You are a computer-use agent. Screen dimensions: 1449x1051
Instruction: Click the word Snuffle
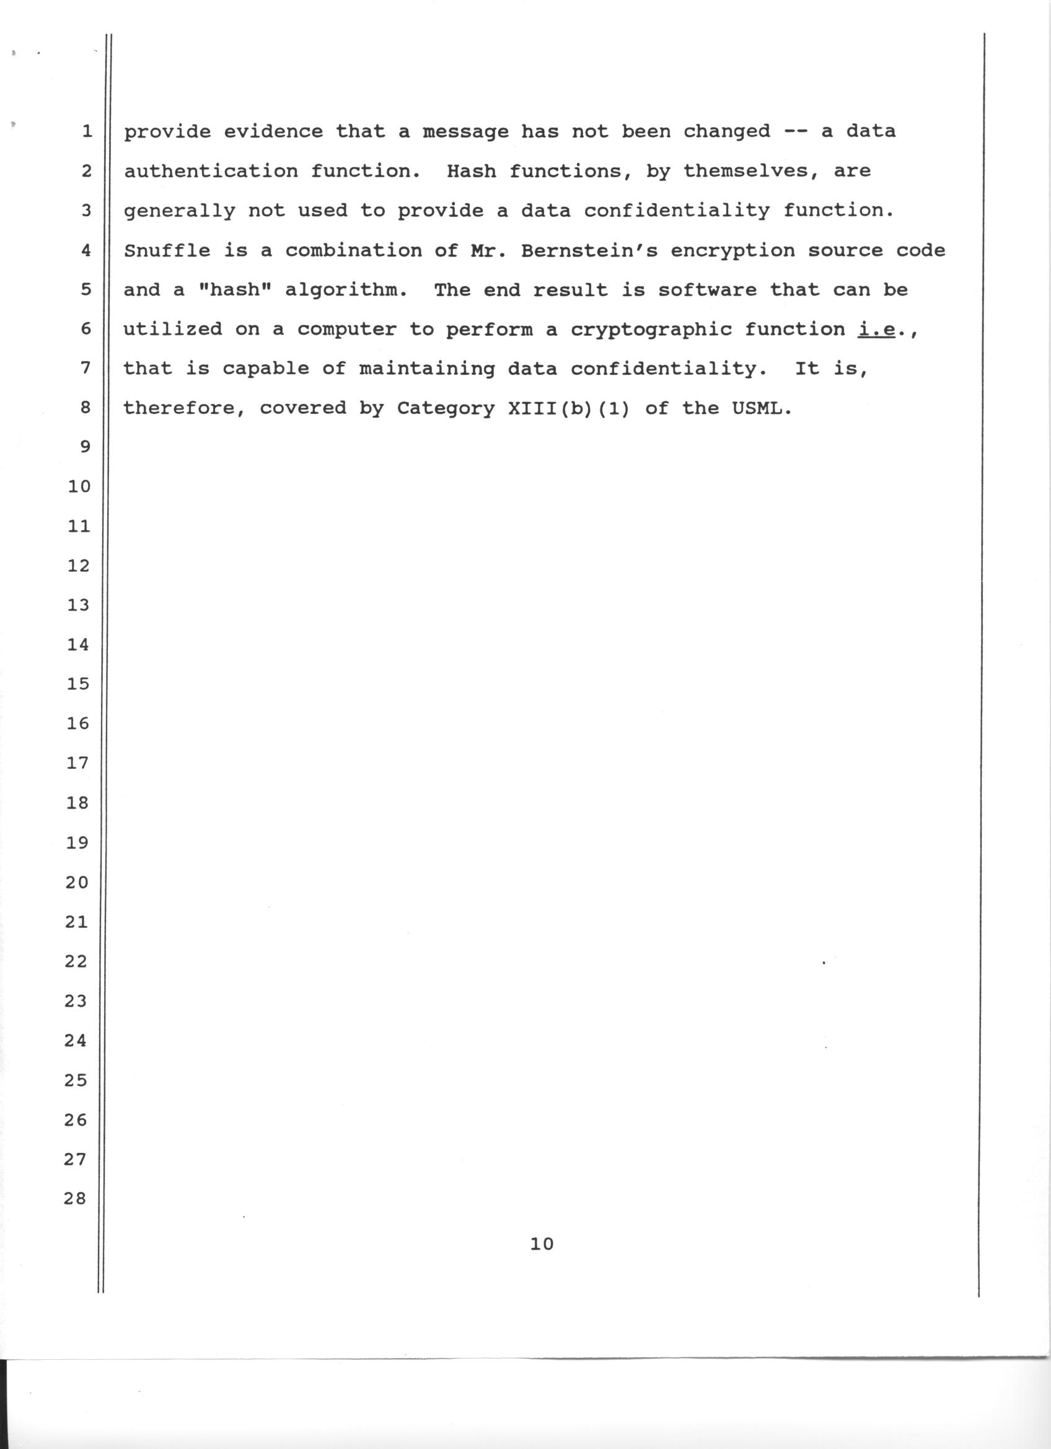coord(167,250)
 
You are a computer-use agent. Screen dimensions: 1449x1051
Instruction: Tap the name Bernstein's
coord(589,250)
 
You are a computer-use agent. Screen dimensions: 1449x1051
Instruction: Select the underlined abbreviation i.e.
coord(877,329)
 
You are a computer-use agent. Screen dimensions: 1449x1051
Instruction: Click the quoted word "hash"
coord(235,290)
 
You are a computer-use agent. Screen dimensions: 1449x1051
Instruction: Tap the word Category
coord(446,408)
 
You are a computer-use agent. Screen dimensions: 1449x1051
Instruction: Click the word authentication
coord(211,171)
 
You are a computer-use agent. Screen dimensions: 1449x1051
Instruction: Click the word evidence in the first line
coord(273,131)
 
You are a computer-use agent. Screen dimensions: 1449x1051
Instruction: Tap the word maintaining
coord(427,369)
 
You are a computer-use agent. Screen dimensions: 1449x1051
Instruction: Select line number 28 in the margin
coord(75,1199)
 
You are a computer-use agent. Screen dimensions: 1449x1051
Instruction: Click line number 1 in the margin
coord(86,132)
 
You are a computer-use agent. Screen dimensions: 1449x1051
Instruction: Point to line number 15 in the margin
coord(78,685)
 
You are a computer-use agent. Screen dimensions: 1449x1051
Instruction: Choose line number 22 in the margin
coord(76,961)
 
